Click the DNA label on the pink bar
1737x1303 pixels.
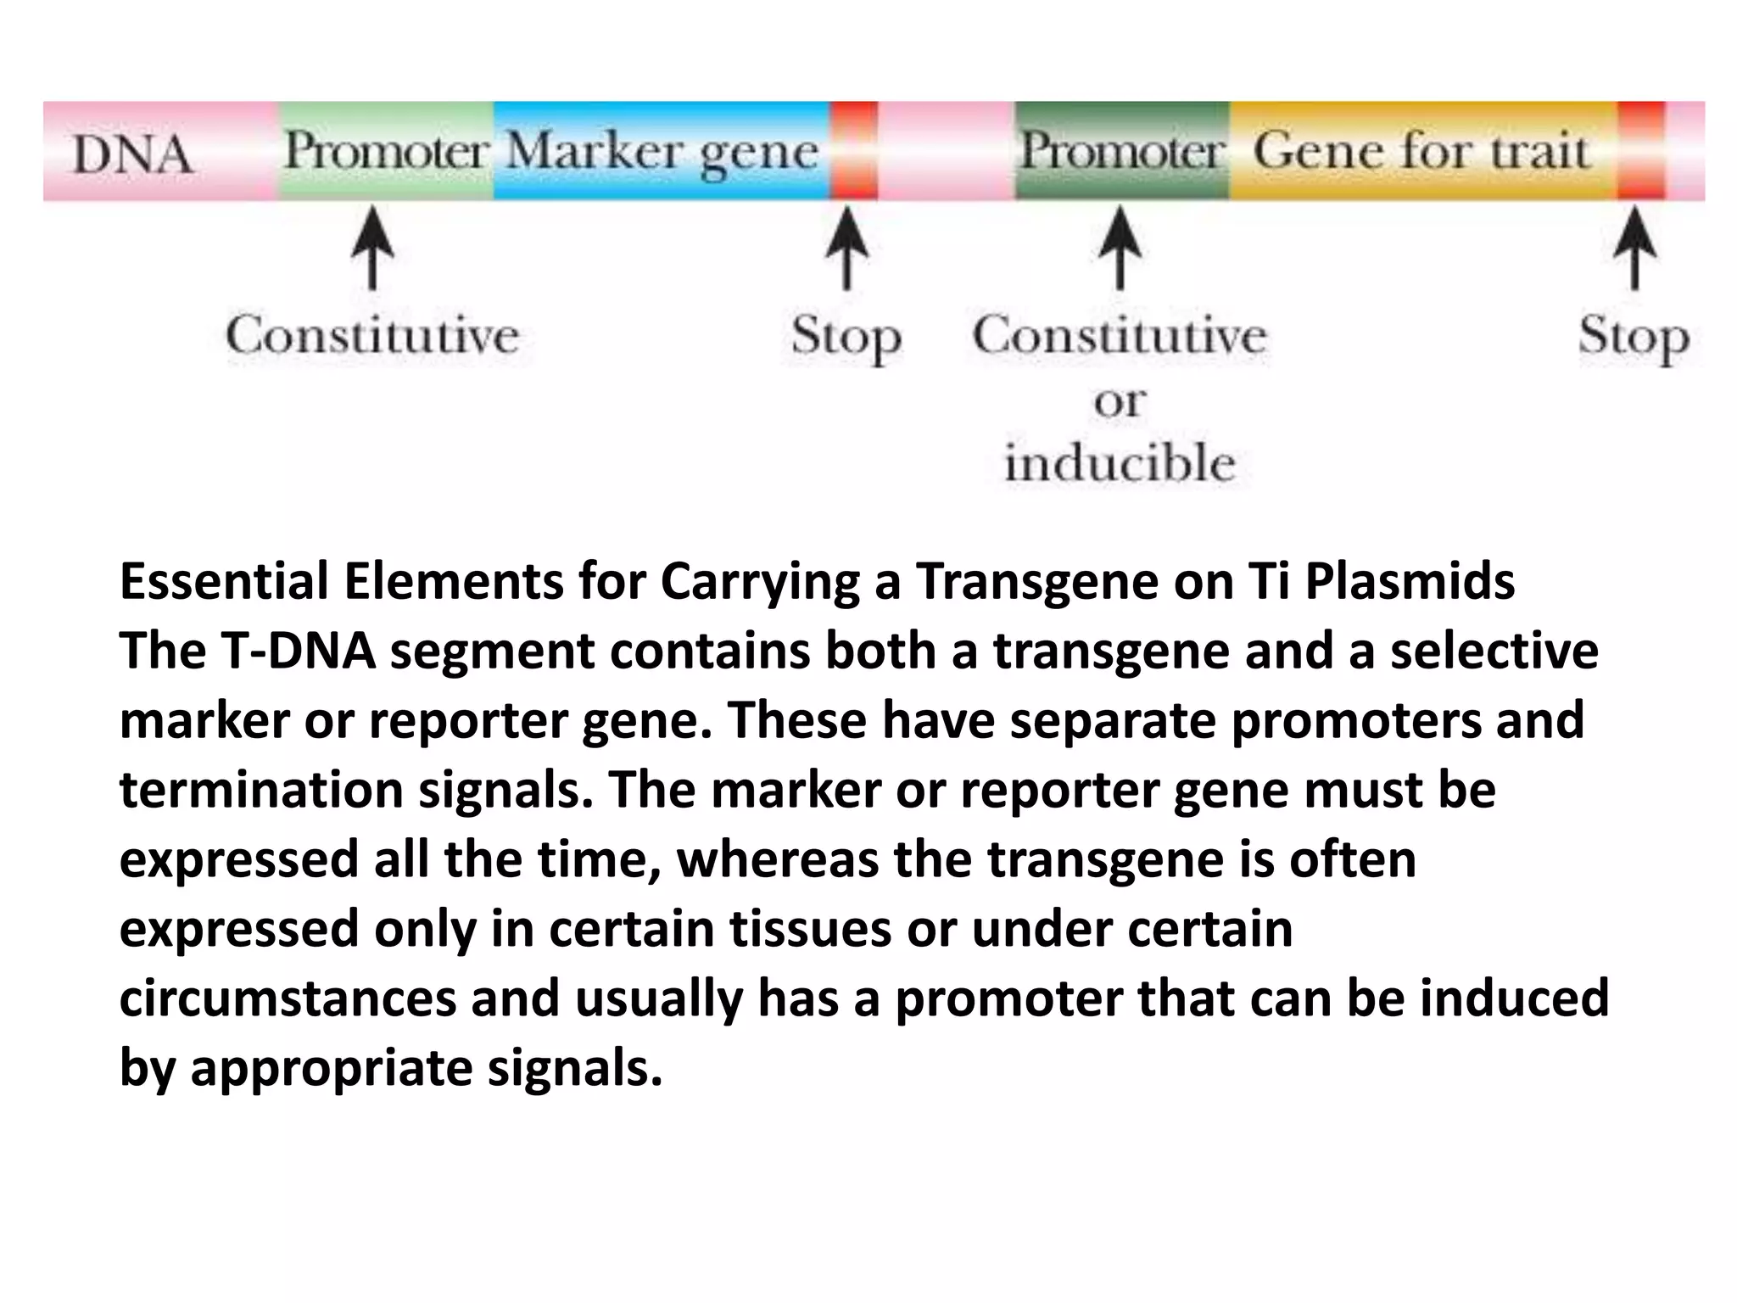[132, 154]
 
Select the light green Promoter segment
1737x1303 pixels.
[386, 151]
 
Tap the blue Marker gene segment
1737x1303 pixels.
[662, 152]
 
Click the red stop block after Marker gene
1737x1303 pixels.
[853, 151]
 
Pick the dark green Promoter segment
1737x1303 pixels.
[1121, 151]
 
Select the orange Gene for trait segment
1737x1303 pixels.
[1421, 151]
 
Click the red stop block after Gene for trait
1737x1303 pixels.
[1640, 151]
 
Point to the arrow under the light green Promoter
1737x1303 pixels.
[372, 250]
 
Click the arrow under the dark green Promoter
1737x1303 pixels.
[1120, 250]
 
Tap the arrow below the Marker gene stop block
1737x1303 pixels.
[846, 250]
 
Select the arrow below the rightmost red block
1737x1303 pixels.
[1634, 250]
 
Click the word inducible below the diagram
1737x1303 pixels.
[1120, 464]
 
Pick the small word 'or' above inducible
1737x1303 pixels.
[1120, 401]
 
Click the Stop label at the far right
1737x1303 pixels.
[1634, 337]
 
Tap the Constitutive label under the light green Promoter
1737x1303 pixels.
[372, 335]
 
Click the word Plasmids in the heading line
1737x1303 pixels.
[1410, 582]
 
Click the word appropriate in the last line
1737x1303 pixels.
[332, 1067]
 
